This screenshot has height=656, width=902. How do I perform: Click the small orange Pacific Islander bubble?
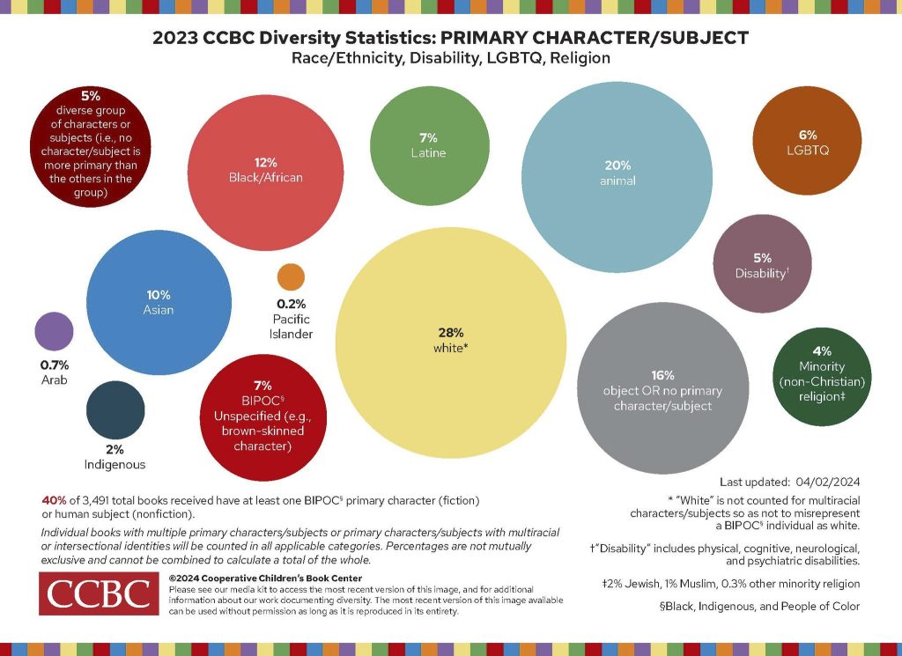coord(291,277)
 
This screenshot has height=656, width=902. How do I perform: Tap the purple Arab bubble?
coord(54,332)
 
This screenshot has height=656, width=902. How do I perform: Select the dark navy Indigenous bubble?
coord(115,410)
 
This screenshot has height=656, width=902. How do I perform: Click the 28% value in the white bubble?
coord(451,333)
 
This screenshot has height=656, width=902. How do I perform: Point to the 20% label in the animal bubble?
coord(617,166)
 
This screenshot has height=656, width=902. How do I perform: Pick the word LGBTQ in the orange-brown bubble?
coord(808,151)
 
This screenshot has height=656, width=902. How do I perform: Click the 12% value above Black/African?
coord(266,163)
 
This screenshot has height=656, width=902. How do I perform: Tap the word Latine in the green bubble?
coord(429,153)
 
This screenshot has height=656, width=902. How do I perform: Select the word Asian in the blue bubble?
coord(159,310)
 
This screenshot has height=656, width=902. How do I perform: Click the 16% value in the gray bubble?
coord(662,375)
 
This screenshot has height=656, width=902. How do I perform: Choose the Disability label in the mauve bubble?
coord(762,273)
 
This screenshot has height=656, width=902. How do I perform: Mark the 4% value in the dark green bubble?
coord(822,351)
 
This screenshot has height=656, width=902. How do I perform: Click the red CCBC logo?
coord(99,593)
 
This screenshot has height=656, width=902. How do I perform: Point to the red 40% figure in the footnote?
coord(54,501)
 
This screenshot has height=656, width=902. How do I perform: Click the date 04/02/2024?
coord(828,482)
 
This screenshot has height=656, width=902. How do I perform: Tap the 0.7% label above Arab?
coord(55,365)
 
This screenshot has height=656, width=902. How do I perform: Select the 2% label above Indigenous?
coord(115,450)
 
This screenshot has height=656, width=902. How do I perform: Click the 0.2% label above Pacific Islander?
coord(291,304)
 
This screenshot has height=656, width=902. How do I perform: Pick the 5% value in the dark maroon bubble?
coord(91,96)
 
